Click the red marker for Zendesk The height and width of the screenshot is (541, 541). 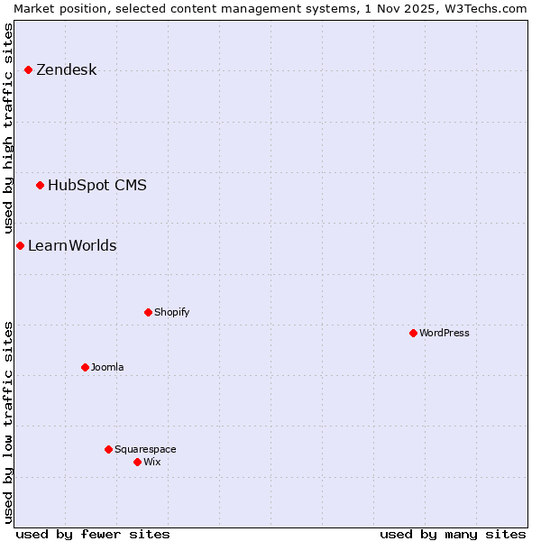coord(28,69)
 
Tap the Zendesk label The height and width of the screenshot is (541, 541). coord(66,70)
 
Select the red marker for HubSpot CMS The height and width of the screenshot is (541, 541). coord(40,185)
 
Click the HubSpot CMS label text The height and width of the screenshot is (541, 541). coord(96,186)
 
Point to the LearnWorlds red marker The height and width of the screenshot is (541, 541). coord(20,245)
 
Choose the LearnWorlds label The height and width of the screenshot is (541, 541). coord(72,246)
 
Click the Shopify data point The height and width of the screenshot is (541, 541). coord(148,312)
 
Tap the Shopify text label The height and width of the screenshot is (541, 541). coord(171,313)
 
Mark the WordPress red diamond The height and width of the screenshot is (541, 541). coord(413,333)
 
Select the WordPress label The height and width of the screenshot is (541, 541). coord(444,334)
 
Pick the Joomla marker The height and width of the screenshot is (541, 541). coord(85,367)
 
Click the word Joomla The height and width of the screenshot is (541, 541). coord(107,368)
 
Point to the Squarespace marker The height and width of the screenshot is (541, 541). coord(108,449)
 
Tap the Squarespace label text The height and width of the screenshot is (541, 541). coord(145,450)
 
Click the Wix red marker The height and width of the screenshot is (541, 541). coord(137,462)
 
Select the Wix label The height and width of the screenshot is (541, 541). coord(151,463)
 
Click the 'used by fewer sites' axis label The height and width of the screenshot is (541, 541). coord(93,534)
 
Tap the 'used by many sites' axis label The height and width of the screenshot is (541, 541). coord(453,534)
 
